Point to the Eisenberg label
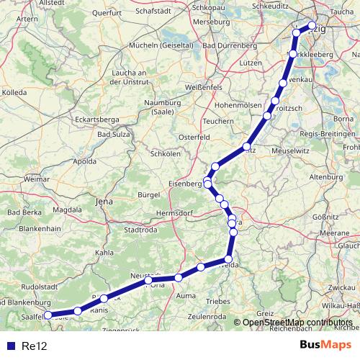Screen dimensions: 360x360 (x=186, y=184)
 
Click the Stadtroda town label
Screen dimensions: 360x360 (x=141, y=230)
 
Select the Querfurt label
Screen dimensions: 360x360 (x=127, y=13)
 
